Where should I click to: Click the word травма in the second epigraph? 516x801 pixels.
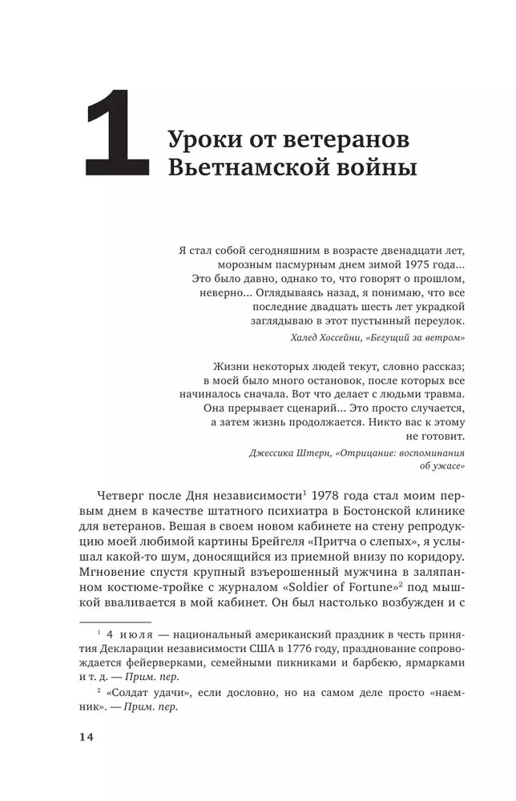pos(442,394)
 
